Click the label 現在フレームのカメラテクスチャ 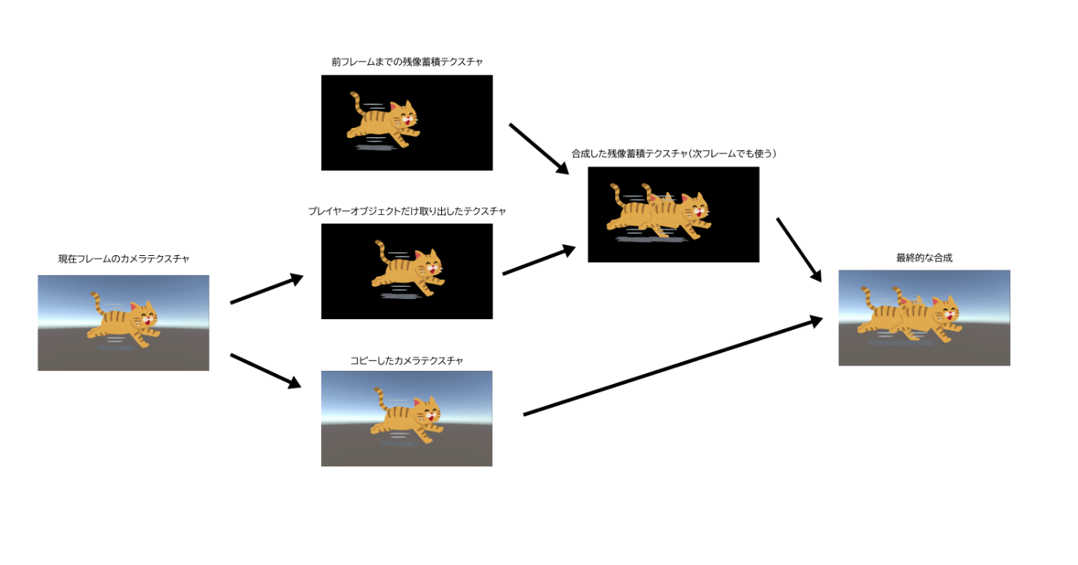click(x=123, y=259)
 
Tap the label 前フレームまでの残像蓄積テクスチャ click(x=407, y=62)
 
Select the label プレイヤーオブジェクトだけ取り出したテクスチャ click(x=407, y=211)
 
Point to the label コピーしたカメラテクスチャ click(x=407, y=361)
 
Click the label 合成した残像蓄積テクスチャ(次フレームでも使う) click(x=673, y=153)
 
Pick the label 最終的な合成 click(x=924, y=258)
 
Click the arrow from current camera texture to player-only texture click(x=266, y=289)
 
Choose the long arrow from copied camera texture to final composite click(x=674, y=366)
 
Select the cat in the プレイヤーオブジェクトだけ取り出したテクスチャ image click(x=409, y=270)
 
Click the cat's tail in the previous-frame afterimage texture click(x=356, y=102)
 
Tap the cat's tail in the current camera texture click(x=95, y=301)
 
